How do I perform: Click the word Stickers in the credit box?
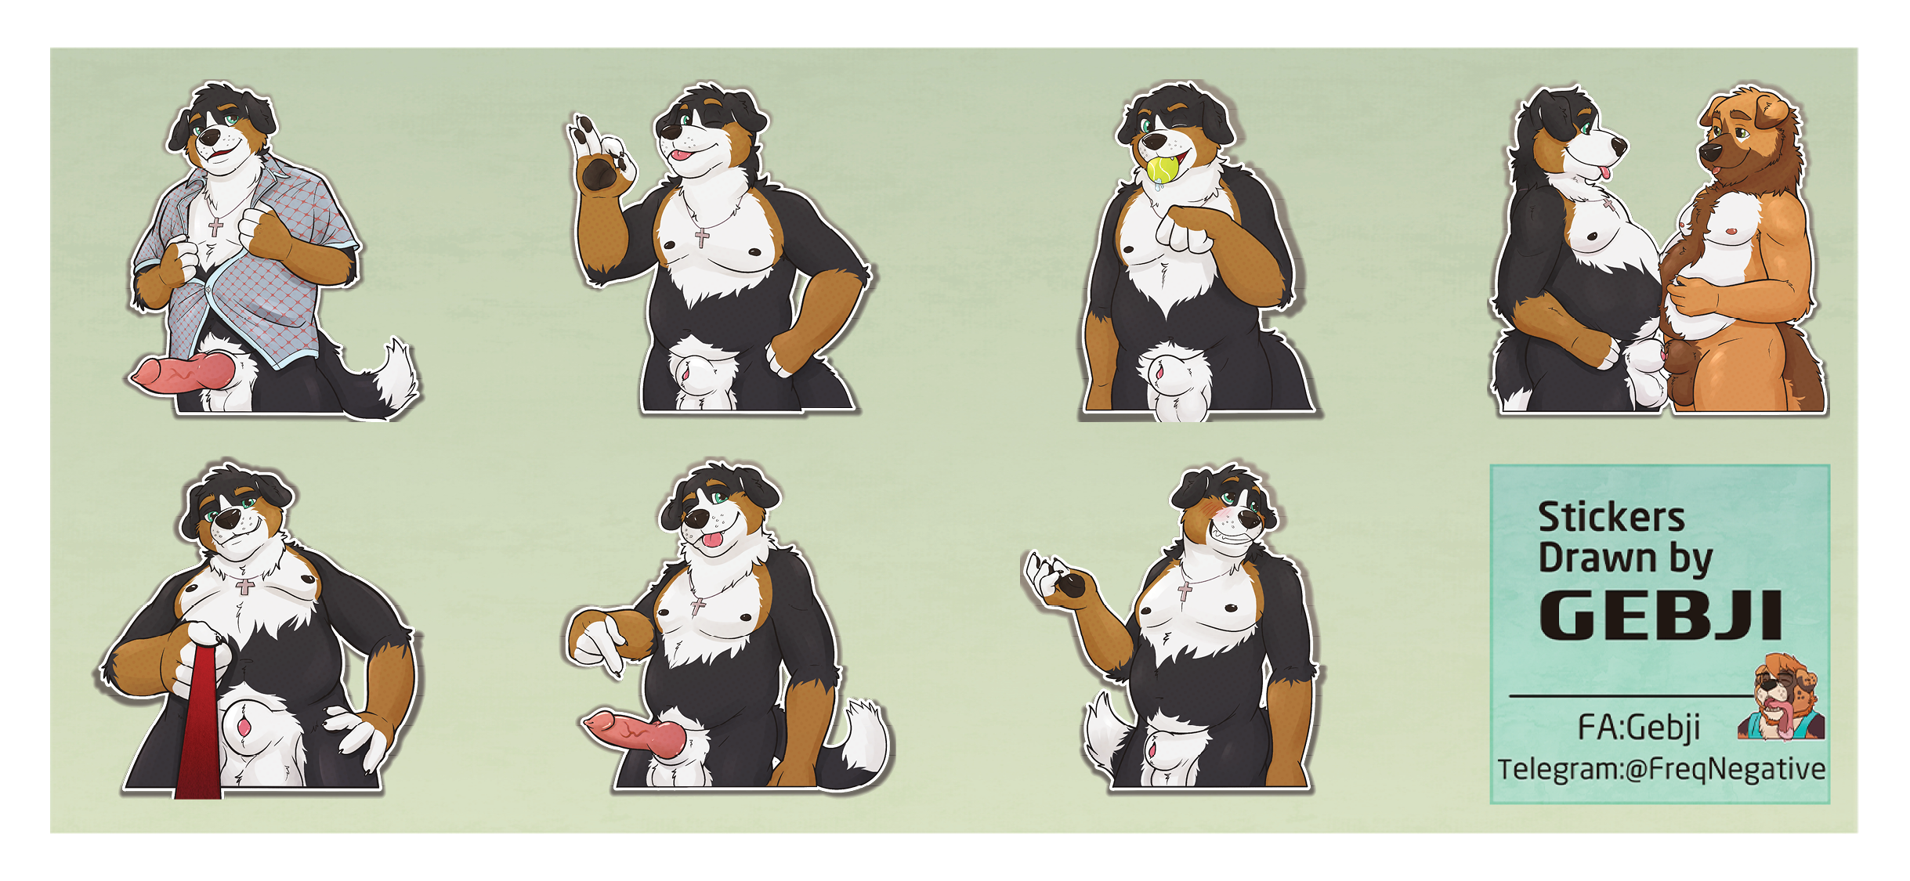click(x=1611, y=518)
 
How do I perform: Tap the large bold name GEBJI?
click(x=1661, y=616)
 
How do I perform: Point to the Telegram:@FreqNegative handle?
click(x=1662, y=769)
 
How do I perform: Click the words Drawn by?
click(x=1625, y=559)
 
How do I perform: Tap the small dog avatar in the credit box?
click(x=1782, y=697)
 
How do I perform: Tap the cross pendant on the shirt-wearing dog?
click(x=215, y=227)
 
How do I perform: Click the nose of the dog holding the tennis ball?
click(x=1154, y=142)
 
